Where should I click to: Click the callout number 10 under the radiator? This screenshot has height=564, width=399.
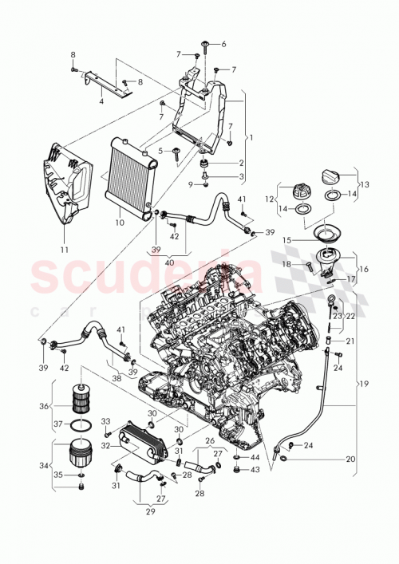120,223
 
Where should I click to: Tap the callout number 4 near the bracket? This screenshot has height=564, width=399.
101,101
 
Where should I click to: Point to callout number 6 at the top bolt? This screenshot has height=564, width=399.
224,44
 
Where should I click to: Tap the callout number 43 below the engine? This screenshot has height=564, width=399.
255,470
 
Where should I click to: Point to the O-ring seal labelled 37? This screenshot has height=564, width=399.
80,424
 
